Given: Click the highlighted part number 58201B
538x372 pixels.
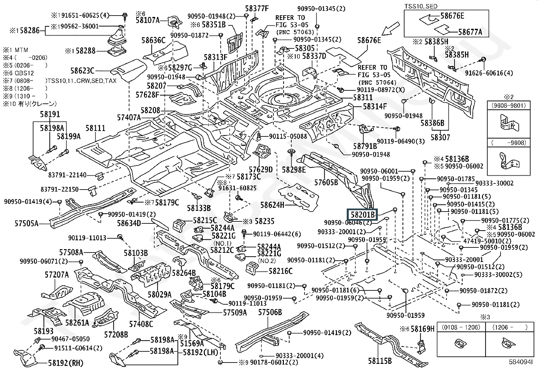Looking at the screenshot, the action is click(x=363, y=214).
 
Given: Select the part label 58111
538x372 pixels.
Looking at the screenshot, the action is click(x=95, y=128).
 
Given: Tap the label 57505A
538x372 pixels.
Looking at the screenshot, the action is click(x=26, y=223).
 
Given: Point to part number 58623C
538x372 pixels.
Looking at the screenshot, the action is click(x=82, y=71).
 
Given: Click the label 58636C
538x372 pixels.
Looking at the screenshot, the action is click(x=153, y=40).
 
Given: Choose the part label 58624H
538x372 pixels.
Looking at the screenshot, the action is click(x=272, y=205).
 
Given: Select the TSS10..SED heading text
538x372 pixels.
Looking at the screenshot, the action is click(x=421, y=6).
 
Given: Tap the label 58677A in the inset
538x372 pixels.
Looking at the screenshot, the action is click(x=470, y=32).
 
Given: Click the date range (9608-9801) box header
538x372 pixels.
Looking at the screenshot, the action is click(x=509, y=105).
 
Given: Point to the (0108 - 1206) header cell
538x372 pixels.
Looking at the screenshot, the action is click(x=461, y=327).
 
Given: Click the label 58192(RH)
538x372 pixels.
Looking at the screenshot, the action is click(x=65, y=363).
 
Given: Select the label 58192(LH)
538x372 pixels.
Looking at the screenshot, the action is click(x=200, y=352).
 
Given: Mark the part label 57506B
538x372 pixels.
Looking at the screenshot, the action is click(x=270, y=312).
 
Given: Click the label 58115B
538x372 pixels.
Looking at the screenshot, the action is click(x=380, y=361).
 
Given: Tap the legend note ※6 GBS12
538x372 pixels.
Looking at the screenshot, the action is click(x=19, y=73).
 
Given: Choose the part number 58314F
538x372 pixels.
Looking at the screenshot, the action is click(x=375, y=106).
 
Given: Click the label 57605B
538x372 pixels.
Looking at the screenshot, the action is click(x=326, y=183).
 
